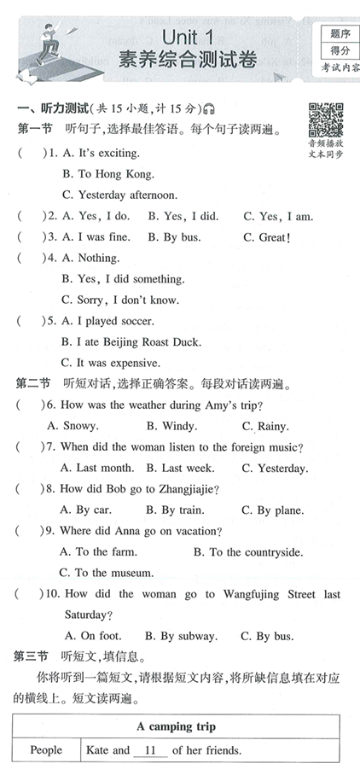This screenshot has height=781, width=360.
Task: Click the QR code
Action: (x=325, y=122)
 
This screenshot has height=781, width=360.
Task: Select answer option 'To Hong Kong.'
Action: (x=108, y=173)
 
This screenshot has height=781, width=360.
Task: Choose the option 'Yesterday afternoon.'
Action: (x=119, y=195)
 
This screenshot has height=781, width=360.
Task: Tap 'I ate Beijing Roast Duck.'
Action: (x=131, y=341)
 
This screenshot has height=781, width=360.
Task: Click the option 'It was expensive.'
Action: (x=113, y=362)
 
